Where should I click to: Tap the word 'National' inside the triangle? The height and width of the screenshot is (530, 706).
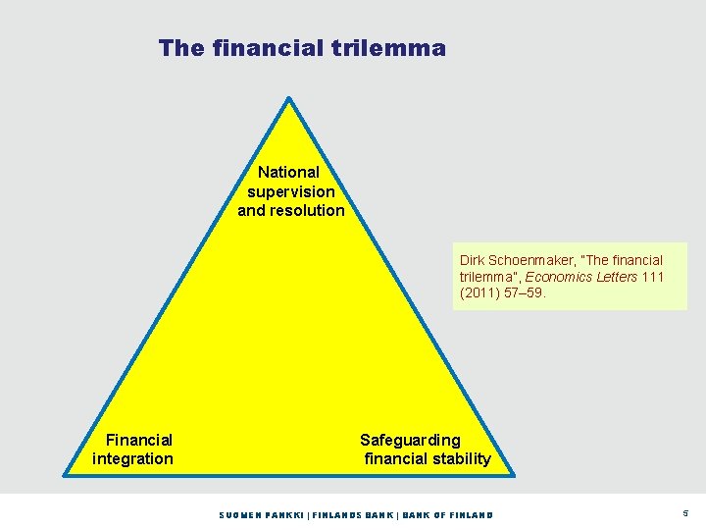pos(289,172)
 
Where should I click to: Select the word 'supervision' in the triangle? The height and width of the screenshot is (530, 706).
pos(291,191)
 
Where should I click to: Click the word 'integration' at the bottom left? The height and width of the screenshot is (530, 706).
pos(132,458)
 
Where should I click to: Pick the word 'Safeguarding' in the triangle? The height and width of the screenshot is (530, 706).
pos(410,440)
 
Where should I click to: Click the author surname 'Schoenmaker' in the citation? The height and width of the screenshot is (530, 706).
pos(535,260)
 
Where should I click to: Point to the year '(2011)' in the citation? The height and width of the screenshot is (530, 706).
pos(480,292)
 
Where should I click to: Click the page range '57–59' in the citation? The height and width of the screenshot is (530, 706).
pos(530,292)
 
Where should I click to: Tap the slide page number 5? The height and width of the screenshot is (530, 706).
pos(684,513)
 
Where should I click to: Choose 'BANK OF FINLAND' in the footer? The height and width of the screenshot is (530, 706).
pos(448,515)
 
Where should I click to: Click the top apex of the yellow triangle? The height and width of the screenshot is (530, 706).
pos(288,98)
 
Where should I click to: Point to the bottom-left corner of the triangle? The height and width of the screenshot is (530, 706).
pos(67,474)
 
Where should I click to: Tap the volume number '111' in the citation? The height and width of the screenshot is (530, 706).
pos(651,277)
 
